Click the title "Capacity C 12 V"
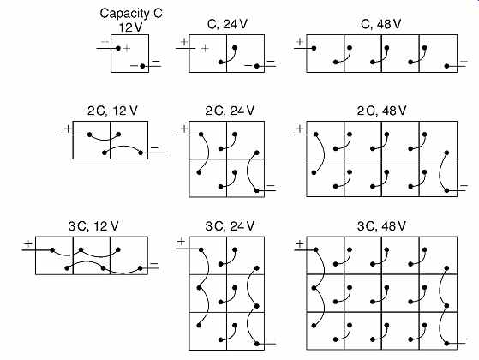[131, 21]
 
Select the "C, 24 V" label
[227, 24]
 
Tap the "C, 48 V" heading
[380, 24]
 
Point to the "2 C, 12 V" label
[112, 111]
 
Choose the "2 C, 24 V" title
[230, 111]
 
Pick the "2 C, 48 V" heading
[381, 111]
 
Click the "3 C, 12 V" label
[93, 226]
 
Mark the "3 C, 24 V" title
[230, 226]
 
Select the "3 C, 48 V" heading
[381, 226]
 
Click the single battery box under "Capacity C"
[130, 53]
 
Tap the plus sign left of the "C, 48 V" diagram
[300, 42]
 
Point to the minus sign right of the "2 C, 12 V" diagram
[154, 148]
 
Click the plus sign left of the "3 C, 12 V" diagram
[27, 244]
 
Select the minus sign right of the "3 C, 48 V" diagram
[464, 339]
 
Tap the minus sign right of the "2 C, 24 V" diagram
[271, 185]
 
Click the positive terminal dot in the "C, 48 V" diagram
[314, 48]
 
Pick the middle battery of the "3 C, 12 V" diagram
[92, 255]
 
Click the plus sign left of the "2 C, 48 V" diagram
[300, 129]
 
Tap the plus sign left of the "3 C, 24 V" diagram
[181, 242]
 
